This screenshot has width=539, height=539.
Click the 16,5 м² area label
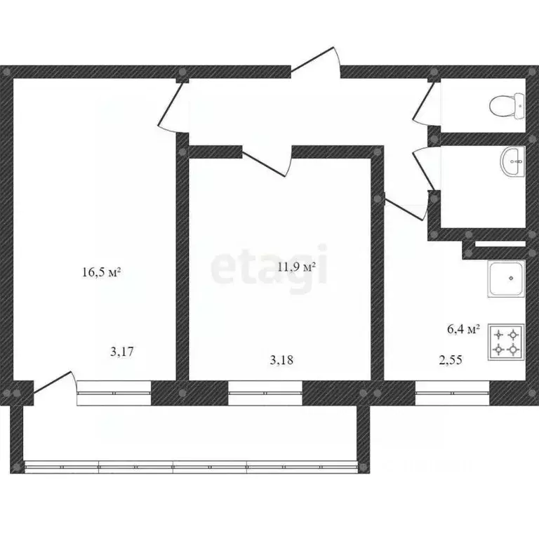coord(101,272)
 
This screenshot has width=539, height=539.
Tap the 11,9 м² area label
coord(296,267)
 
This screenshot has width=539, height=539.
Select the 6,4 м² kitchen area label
coord(463,329)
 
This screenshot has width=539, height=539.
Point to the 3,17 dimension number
coord(121,352)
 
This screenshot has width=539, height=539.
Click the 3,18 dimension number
coord(281,360)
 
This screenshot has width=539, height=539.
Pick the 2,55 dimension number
coord(451,360)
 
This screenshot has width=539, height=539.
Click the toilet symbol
coord(507,106)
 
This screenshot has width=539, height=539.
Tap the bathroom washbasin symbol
coord(512,161)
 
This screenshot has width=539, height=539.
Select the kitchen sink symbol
coord(506,279)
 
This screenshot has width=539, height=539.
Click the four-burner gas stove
coord(506,342)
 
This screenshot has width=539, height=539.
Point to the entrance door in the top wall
coord(316,62)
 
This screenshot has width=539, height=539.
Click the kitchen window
coord(452,393)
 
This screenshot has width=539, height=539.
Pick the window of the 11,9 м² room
coord(265,393)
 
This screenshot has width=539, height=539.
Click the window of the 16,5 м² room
coord(114,393)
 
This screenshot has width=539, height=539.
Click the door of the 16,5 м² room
coord(173,107)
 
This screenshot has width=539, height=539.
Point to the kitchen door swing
coord(406,206)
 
